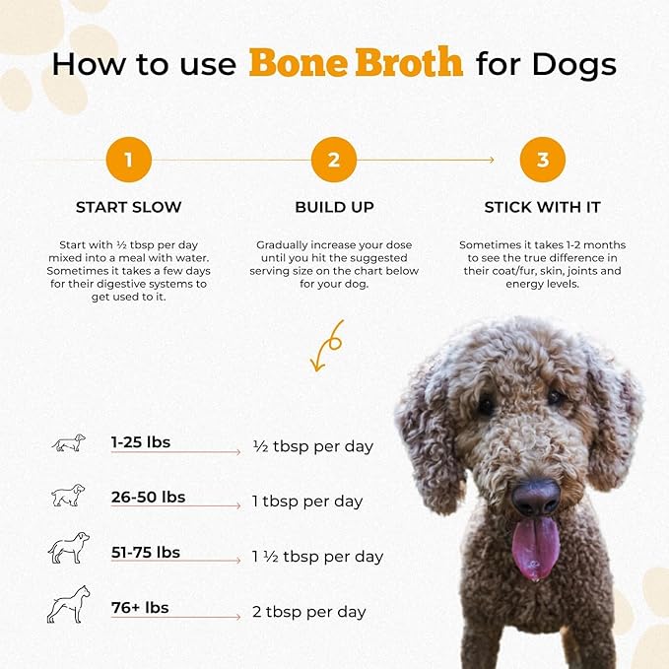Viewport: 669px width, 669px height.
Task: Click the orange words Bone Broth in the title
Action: (x=356, y=63)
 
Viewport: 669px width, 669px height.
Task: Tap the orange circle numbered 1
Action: (x=128, y=160)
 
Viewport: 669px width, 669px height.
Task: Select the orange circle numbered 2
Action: (x=334, y=160)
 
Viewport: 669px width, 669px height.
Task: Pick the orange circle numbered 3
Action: (x=542, y=160)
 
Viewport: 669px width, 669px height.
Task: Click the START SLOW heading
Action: (x=128, y=208)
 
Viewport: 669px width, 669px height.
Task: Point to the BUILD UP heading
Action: (x=334, y=208)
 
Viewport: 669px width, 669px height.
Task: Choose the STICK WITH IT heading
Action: (x=542, y=208)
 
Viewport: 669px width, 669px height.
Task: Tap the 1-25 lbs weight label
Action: (x=141, y=442)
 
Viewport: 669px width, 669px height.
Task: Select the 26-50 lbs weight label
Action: (x=148, y=497)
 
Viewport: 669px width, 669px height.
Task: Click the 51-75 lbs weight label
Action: (x=146, y=552)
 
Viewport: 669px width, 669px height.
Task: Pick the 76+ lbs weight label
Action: (x=140, y=607)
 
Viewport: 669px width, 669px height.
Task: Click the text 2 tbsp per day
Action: (x=308, y=612)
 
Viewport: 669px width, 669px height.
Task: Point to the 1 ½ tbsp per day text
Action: (x=317, y=557)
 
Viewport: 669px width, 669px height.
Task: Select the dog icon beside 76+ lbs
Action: (x=68, y=604)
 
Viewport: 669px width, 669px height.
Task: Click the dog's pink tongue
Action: (x=535, y=547)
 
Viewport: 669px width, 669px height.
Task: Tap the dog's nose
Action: (x=535, y=497)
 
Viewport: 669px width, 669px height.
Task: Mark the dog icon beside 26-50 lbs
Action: (x=68, y=496)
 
